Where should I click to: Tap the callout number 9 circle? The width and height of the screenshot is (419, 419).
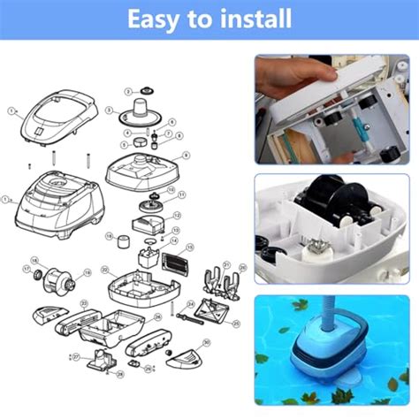point(186,156)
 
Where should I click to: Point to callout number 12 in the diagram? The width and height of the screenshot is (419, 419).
point(177,215)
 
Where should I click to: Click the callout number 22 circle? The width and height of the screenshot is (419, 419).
point(104,269)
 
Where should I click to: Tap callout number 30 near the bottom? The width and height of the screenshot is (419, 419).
point(207,343)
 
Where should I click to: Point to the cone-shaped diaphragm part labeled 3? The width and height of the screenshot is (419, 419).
point(141,111)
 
